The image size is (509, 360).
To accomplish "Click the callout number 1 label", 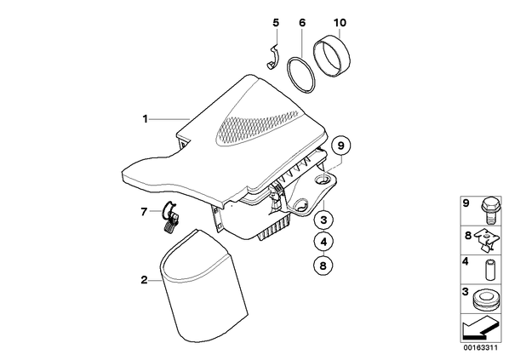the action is coord(146,119).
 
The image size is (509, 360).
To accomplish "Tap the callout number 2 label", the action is coord(144,280).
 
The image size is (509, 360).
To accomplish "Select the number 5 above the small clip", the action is coord(276,23).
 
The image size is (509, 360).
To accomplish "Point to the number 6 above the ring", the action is coord(302,23).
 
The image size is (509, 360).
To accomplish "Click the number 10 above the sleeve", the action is coord(340,23).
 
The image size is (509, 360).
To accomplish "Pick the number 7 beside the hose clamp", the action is coord(144,212).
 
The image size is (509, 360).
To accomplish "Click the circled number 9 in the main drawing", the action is coord(340,146).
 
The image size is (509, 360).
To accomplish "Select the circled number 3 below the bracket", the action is coord(323,220).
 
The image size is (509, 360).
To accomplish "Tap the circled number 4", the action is coord(323,242).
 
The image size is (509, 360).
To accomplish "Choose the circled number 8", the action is coord(323,266).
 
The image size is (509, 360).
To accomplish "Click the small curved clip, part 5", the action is coord(275,56).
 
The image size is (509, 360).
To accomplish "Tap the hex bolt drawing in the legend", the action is coord(489,211).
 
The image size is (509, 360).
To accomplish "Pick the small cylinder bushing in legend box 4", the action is coord(489,270).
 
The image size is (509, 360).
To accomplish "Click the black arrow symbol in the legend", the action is coord(480,329).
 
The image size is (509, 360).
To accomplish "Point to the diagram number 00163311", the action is coord(480,348).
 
